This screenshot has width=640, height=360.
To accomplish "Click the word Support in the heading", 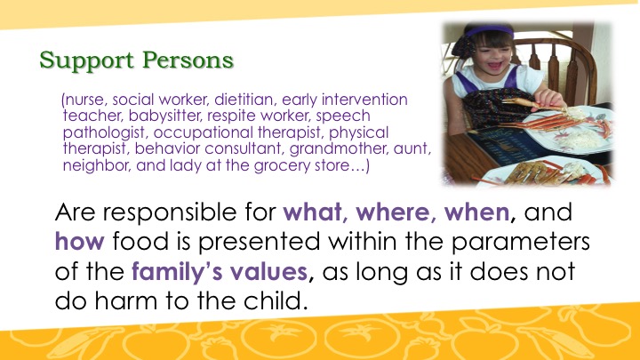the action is (x=86, y=61).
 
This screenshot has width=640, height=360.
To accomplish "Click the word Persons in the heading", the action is (x=188, y=60).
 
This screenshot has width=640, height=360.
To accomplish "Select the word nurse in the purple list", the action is (x=85, y=100).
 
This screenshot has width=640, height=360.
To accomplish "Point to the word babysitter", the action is (x=165, y=116).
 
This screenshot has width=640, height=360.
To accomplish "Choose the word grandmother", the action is (x=339, y=149).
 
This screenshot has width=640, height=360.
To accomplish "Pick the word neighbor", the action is (x=97, y=165).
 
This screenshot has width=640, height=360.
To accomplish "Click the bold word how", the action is (x=80, y=241).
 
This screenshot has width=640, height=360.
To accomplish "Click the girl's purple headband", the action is (x=490, y=31).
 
